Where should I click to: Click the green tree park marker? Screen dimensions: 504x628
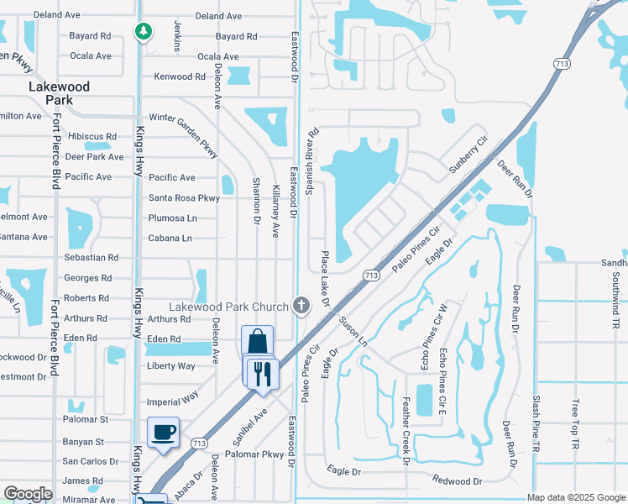point(144,32)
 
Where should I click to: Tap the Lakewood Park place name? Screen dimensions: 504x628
point(50,92)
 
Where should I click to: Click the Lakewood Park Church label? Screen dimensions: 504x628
point(229,307)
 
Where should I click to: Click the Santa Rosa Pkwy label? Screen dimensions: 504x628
point(184,198)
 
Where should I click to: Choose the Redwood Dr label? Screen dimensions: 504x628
point(458,480)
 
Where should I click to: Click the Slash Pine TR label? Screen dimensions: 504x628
point(534,425)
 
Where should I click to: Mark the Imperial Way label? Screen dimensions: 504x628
point(173,402)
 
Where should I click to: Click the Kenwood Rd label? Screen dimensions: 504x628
point(180,76)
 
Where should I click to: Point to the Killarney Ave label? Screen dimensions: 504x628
point(275,212)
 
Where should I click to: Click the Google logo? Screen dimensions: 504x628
point(29,495)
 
